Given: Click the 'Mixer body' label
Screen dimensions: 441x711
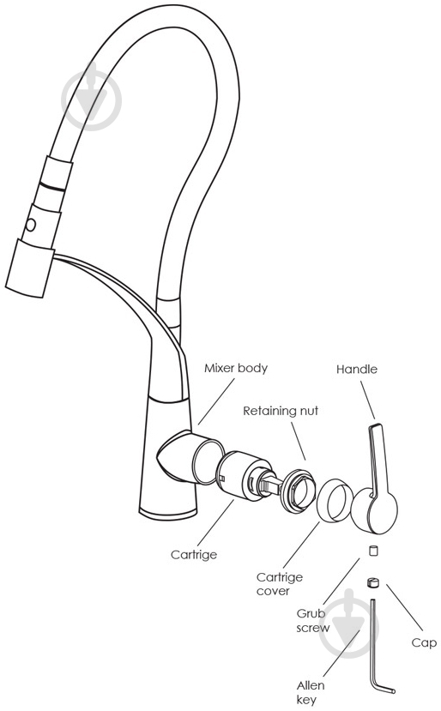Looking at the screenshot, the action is (235, 368).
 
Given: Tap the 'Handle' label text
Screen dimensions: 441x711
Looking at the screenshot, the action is (357, 369).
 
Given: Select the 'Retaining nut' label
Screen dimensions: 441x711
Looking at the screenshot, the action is (281, 411).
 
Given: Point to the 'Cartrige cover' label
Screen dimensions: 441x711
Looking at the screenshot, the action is (280, 584).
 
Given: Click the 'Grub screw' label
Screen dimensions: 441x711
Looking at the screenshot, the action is (312, 621).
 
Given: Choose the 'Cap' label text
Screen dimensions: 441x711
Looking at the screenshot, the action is (424, 643).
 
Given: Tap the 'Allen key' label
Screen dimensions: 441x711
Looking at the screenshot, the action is (311, 692).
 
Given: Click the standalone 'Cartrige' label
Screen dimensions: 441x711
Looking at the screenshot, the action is (194, 555).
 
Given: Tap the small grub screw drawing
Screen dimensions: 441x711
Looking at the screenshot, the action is (372, 551).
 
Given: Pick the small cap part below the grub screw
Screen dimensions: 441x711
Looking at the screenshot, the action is (372, 582).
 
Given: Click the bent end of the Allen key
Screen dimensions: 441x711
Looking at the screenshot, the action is (384, 690).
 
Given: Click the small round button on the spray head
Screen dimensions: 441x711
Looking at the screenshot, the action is (31, 225).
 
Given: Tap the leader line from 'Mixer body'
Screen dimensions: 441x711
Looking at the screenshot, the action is (216, 401).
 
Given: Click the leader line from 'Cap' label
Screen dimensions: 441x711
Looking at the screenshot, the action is (405, 607).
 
